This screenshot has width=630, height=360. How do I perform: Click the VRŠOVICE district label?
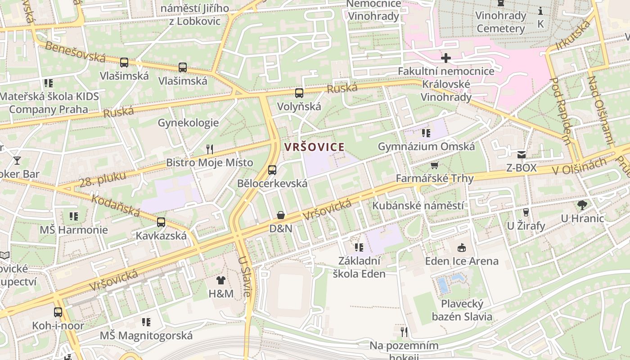coord(314,147)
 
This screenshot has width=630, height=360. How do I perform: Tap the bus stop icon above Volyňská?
coord(299,93)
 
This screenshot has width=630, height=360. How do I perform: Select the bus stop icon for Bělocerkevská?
coord(272,170)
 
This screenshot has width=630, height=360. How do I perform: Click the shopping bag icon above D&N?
coord(281,215)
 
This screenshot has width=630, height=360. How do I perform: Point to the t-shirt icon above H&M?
coord(220,280)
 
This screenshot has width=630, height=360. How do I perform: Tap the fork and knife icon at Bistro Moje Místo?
coord(209,149)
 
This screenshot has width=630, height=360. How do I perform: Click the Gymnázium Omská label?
coord(426,146)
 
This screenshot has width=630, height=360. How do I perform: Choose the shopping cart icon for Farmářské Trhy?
coord(434,166)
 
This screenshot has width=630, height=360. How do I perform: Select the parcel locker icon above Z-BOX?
coord(521,155)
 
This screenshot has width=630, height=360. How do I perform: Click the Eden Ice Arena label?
coord(462,261)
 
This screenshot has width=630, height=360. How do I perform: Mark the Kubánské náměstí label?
coord(418,206)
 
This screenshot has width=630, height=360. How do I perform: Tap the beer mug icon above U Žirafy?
coord(525,212)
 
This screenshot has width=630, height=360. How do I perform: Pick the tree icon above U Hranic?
coord(582,205)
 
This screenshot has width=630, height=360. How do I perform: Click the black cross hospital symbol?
coord(446,58)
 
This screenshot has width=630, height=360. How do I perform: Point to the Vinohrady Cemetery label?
coord(501,22)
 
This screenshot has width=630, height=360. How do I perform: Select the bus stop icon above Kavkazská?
coord(161,222)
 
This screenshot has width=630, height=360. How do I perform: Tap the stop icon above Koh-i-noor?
coord(58,312)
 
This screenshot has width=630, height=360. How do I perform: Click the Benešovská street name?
coord(75,52)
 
